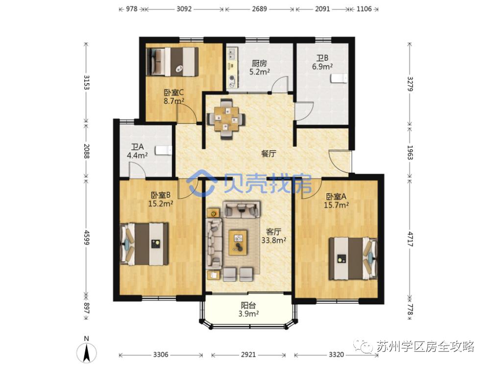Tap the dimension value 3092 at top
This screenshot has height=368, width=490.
(184, 9)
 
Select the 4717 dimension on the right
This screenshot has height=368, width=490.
(410, 238)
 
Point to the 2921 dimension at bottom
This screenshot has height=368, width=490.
(248, 355)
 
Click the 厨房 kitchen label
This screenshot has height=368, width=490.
(259, 63)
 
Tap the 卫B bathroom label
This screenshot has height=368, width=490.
(322, 58)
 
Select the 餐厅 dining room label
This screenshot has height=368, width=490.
(269, 153)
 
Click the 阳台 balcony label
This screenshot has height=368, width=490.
(248, 305)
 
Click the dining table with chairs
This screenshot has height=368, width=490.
(226, 118)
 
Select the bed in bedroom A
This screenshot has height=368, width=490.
(353, 258)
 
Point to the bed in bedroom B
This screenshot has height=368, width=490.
(145, 244)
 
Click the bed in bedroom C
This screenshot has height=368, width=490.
(172, 62)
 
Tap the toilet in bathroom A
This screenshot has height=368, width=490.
(164, 150)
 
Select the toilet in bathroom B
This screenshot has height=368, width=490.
(339, 78)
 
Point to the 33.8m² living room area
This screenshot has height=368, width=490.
(274, 240)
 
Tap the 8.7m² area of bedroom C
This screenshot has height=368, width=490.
(174, 101)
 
